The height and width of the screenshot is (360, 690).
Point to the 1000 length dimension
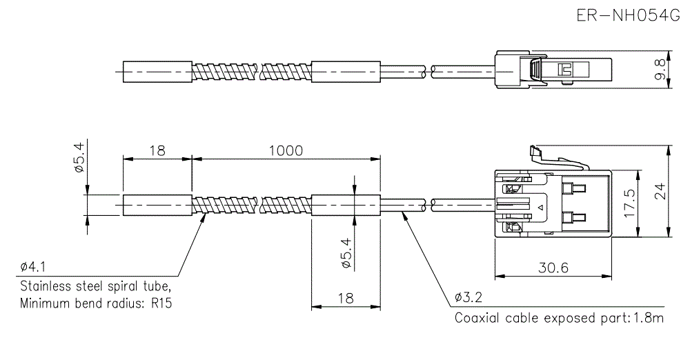click(x=286, y=150)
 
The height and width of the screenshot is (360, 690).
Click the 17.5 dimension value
click(x=629, y=203)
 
